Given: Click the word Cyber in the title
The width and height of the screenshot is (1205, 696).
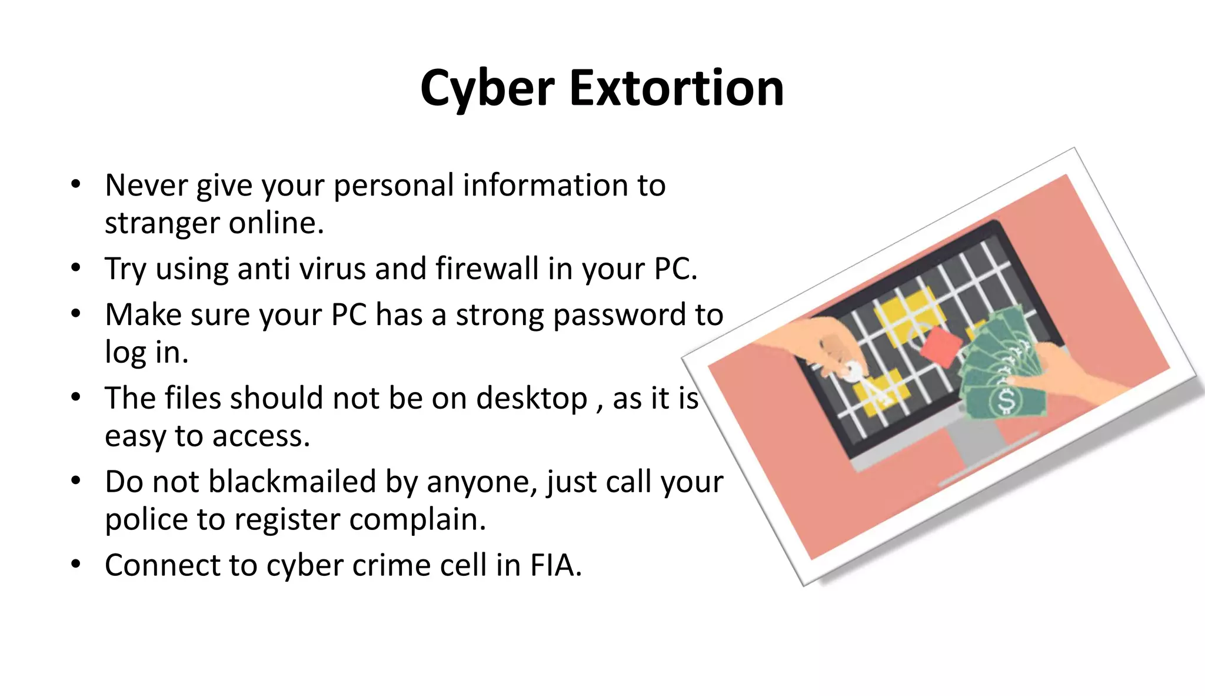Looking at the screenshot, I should (x=487, y=88).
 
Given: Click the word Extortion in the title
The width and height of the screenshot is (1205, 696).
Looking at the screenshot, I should (x=677, y=88).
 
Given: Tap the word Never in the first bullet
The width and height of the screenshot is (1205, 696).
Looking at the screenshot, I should (x=146, y=185).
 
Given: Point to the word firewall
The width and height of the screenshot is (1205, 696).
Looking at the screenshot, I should (x=487, y=269).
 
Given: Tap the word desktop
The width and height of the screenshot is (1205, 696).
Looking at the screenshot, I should (x=531, y=399).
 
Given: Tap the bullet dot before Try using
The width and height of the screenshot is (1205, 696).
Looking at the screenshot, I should (x=75, y=269).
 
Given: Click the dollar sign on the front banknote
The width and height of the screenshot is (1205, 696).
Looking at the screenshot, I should (x=1006, y=401).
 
